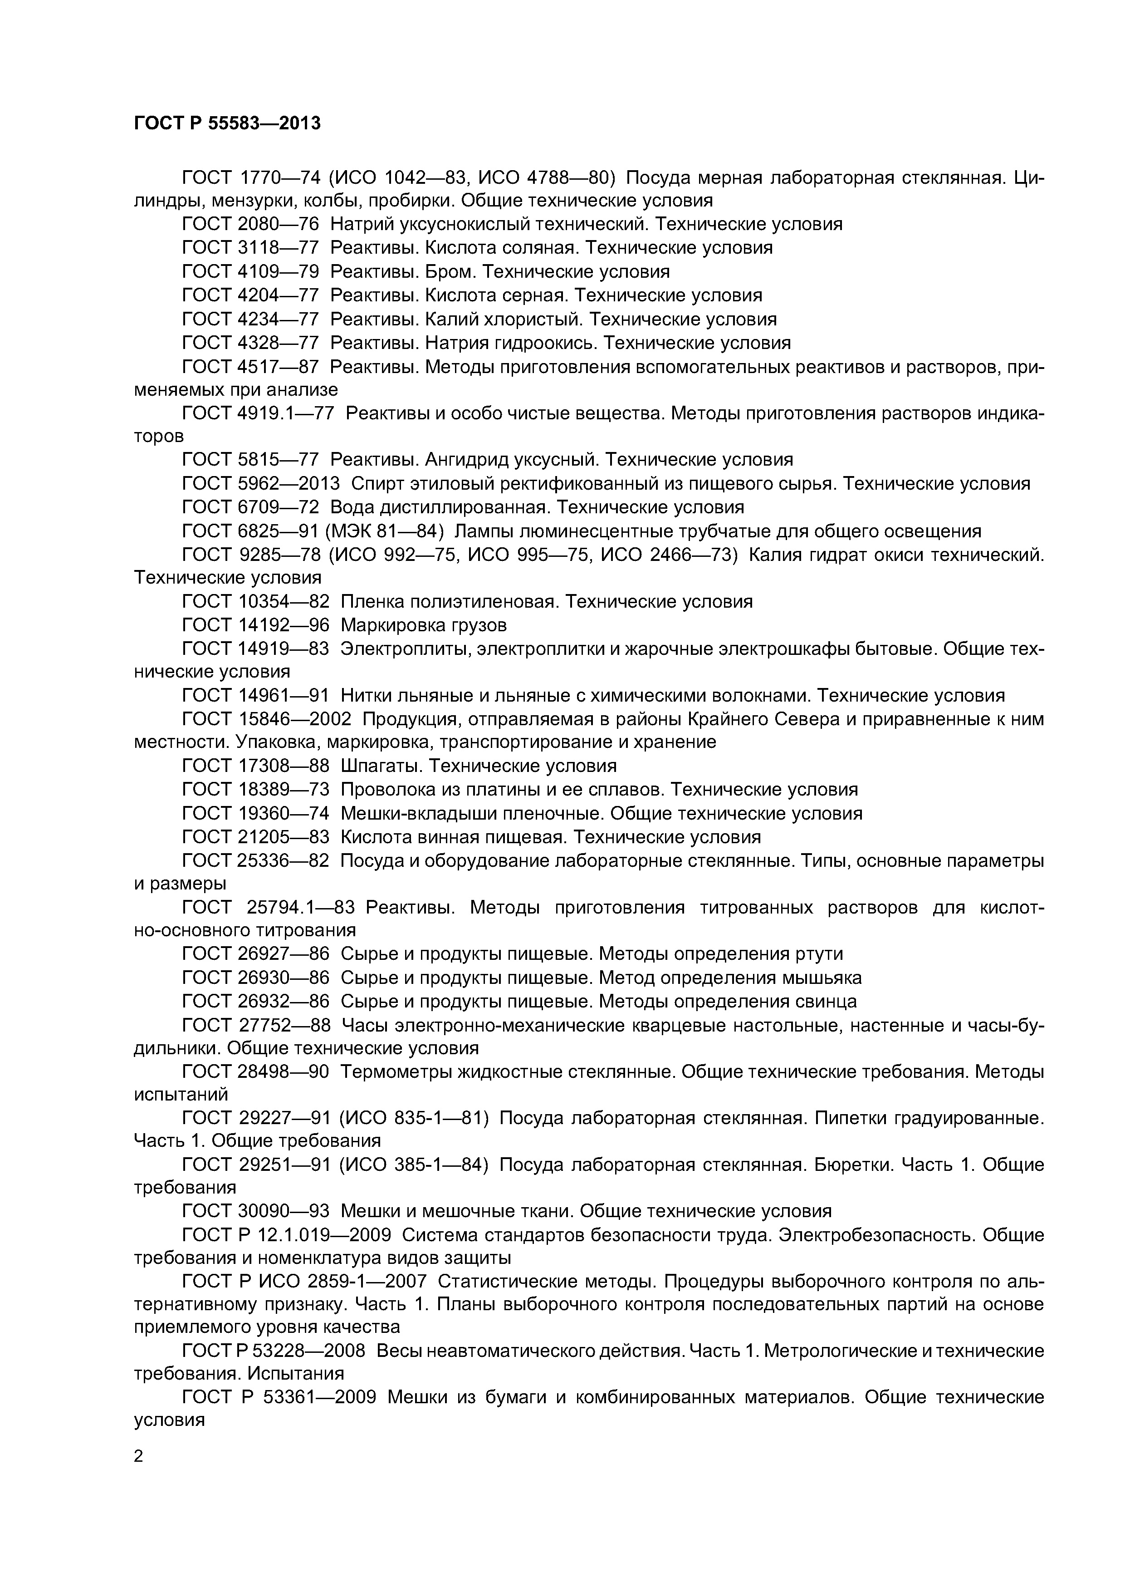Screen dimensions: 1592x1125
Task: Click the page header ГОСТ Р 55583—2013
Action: [227, 123]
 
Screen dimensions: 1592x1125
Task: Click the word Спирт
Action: [378, 484]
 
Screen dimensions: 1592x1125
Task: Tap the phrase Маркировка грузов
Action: [424, 625]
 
